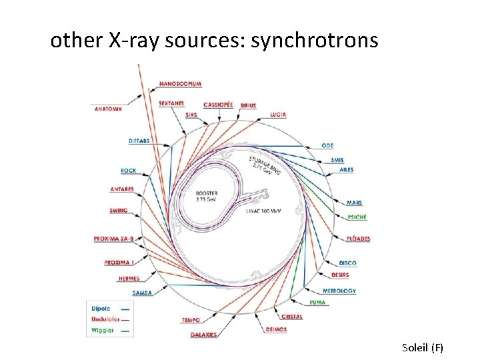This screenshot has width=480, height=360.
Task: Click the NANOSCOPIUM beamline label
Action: [180, 84]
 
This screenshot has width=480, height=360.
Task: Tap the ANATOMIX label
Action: [109, 109]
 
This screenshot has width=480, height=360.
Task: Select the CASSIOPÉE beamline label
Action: [218, 105]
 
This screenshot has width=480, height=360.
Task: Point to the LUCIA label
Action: [279, 115]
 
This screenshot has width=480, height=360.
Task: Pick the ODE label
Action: [328, 145]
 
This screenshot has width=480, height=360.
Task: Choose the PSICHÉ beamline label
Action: [357, 217]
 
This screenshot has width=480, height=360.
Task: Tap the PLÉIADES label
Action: [359, 239]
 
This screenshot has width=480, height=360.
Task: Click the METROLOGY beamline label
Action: [339, 291]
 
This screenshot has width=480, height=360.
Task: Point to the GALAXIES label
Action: [203, 334]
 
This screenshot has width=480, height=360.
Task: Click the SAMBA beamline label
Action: [143, 293]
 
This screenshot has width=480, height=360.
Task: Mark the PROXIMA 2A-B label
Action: [115, 238]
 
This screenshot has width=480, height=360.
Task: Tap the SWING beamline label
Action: [119, 211]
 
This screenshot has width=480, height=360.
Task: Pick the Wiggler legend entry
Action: [103, 329]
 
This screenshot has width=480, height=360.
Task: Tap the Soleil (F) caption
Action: [423, 347]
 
